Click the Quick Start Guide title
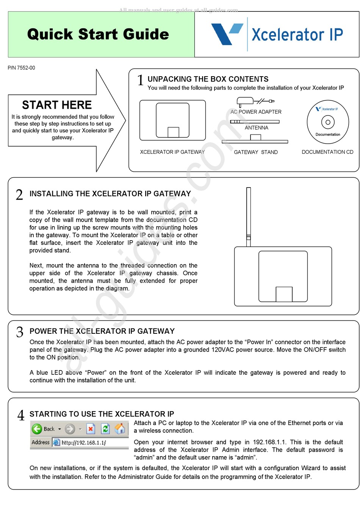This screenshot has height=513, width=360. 98,34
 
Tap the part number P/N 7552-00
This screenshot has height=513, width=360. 22,68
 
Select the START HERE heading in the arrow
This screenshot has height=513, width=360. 57,105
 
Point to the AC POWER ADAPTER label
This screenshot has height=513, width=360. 256,112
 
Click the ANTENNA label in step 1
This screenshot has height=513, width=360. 256,128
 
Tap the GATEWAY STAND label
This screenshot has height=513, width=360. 256,152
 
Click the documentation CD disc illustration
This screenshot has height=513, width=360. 328,122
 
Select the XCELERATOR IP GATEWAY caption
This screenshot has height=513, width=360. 172,152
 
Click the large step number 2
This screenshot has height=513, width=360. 19,195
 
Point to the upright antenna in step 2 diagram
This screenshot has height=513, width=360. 249,216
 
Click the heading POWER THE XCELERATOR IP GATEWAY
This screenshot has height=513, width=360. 102,331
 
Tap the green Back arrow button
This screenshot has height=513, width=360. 37,429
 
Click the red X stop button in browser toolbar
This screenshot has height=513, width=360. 91,429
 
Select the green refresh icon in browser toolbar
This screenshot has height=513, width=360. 105,429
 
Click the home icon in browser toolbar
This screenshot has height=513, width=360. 120,429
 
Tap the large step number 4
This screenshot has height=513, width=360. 21,415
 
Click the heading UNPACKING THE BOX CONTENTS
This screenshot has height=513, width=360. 208,79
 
